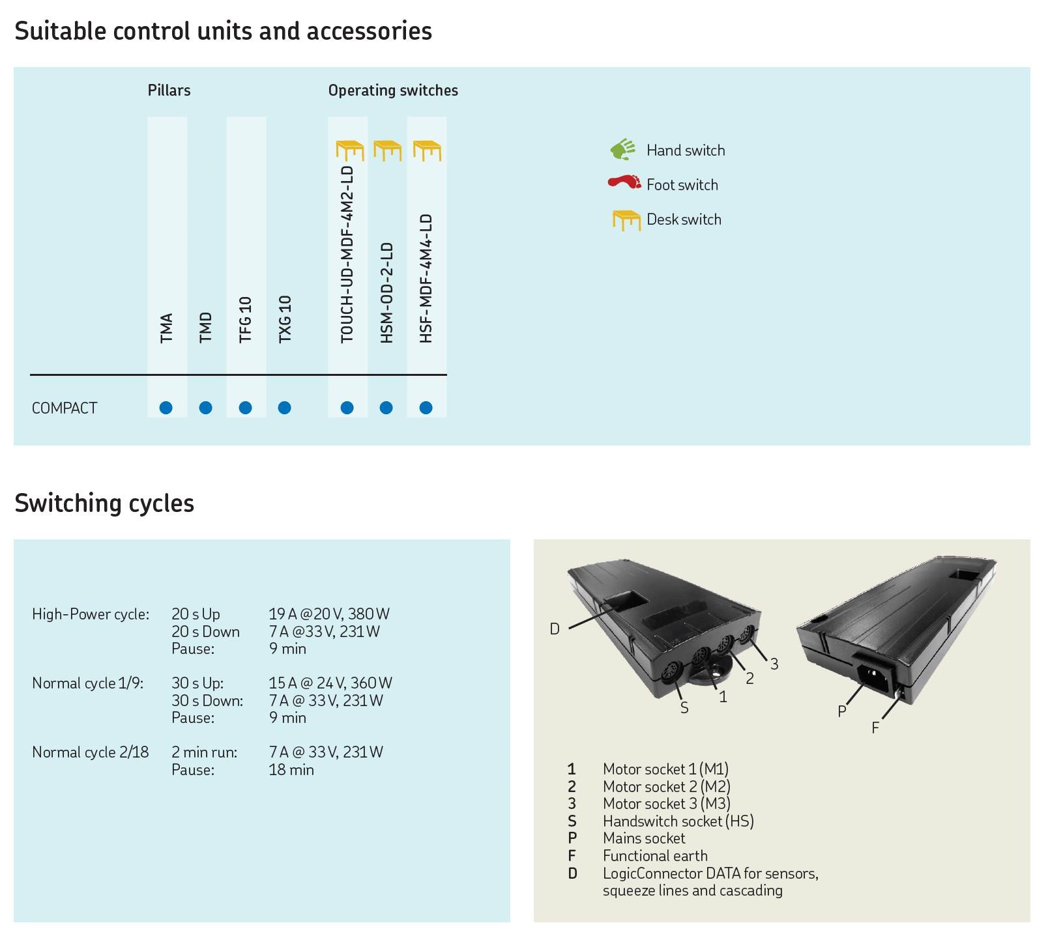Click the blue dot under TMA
tap(166, 408)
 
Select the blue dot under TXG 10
tap(284, 408)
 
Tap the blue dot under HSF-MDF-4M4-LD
tap(426, 408)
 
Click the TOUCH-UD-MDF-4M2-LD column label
tap(347, 254)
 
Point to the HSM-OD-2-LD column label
tap(387, 292)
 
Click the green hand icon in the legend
tap(623, 150)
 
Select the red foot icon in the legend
tap(624, 182)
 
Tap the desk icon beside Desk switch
tap(626, 220)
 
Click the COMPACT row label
tap(65, 408)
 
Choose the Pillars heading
tap(169, 91)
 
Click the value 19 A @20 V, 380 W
tap(329, 614)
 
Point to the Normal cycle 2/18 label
tap(91, 752)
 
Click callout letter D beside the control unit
tap(555, 629)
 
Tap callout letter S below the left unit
tap(684, 708)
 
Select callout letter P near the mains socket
tap(842, 711)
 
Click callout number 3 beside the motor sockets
tap(774, 664)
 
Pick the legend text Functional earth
tap(655, 856)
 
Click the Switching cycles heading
tap(104, 504)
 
